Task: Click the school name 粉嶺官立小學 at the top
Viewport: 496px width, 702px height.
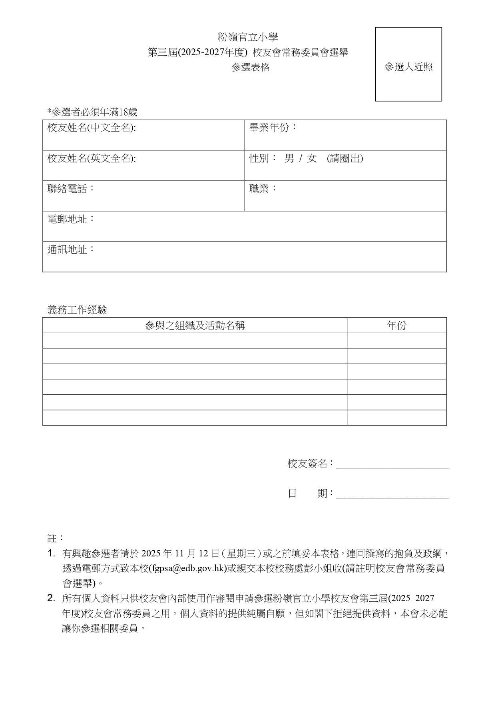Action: point(248,37)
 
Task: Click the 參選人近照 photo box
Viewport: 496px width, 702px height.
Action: point(408,64)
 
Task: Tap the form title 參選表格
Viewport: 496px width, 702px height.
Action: point(251,67)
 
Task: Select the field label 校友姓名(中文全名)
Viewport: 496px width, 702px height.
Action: point(92,128)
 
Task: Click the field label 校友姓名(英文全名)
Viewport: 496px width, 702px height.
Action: point(92,158)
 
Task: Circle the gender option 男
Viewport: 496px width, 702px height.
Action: point(289,158)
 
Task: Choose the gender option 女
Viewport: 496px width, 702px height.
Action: point(312,158)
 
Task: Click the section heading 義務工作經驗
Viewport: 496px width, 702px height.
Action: point(77,310)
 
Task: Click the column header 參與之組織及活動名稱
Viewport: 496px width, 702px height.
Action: point(195,325)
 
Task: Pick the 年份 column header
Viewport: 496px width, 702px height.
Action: point(396,325)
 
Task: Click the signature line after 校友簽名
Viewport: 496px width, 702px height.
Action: point(392,465)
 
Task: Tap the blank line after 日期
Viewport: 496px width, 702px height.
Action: point(392,496)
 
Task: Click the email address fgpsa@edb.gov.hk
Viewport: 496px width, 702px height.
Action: point(188,568)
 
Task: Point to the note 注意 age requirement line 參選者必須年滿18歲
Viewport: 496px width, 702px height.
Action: point(92,112)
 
